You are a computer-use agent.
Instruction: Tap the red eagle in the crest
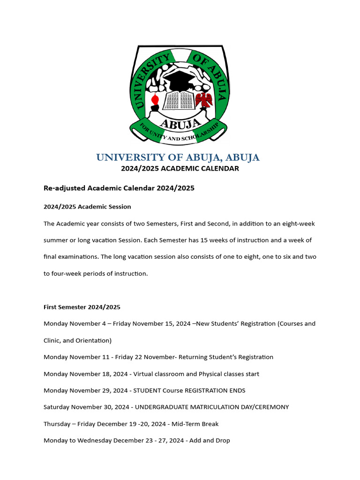pos(204,100)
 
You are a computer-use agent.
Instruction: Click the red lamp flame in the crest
pos(155,99)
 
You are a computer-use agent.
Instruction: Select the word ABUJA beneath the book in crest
pos(178,123)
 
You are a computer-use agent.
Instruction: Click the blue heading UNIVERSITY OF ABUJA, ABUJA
pos(178,157)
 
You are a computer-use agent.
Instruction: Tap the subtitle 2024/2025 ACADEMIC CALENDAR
pos(180,169)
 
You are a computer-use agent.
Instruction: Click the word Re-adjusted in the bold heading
pos(65,188)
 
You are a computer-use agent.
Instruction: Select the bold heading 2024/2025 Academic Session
pos(87,207)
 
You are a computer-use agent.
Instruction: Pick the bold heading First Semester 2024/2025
pos(82,307)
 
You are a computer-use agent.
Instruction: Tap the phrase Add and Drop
pos(210,441)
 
